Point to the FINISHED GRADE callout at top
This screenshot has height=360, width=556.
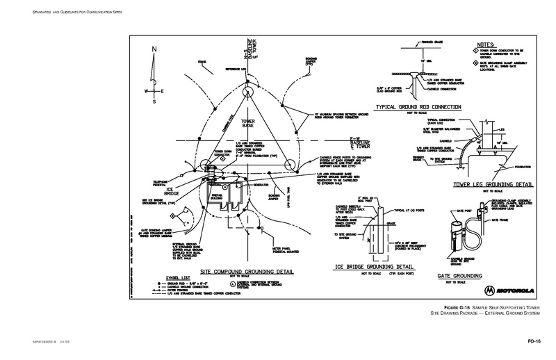pyautogui.click(x=433, y=42)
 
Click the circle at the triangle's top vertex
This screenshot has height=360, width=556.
pyautogui.click(x=248, y=90)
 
